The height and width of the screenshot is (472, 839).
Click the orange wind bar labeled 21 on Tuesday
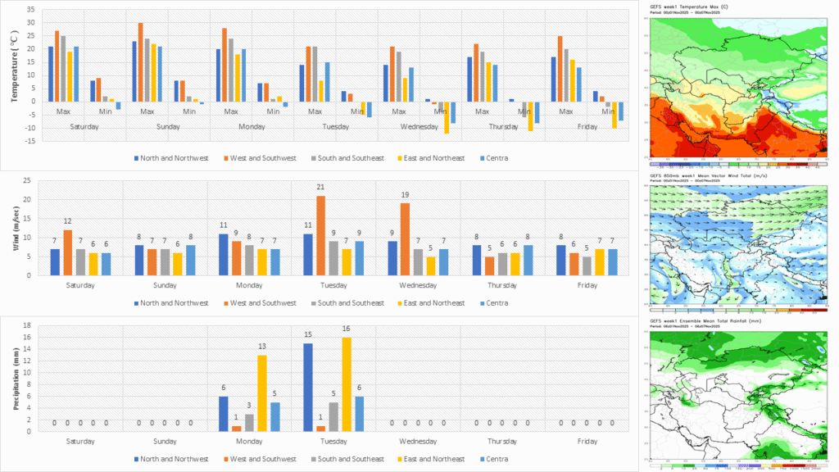321,235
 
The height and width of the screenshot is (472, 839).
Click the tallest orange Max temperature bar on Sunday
140,62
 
